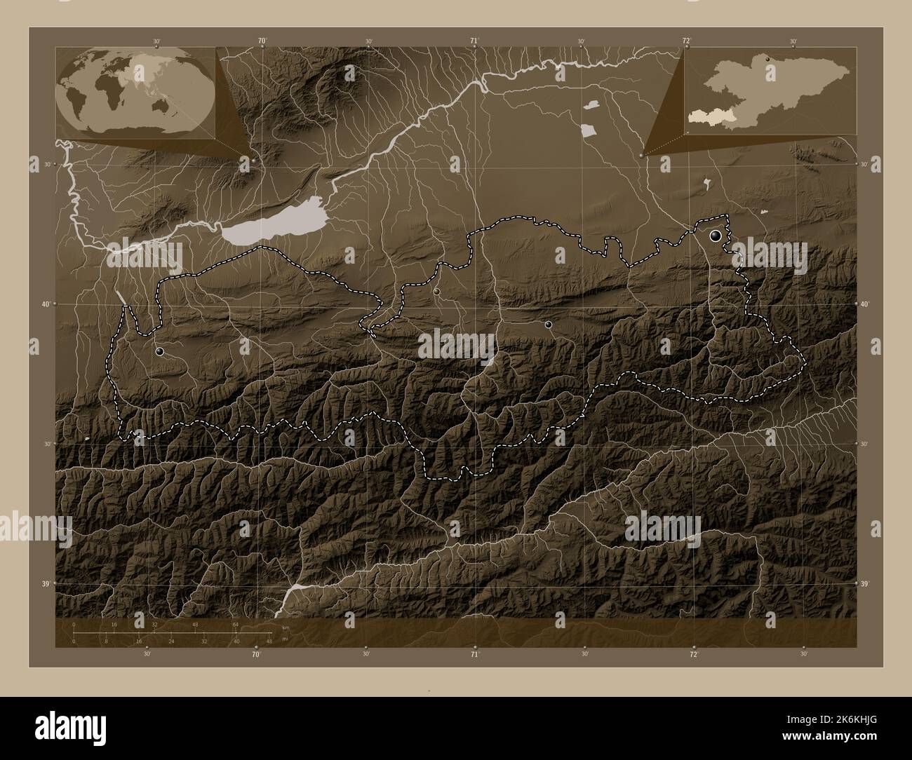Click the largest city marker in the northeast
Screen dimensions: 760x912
coord(716,236)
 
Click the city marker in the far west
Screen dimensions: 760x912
coord(160,351)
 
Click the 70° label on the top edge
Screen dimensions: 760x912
coord(261,41)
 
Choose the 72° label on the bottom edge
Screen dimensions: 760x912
coord(693,654)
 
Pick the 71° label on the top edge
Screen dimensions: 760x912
coord(474,41)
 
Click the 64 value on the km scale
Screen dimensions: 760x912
coord(236,625)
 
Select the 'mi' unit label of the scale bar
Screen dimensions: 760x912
coord(284,639)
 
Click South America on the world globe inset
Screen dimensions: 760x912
coord(76,106)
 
